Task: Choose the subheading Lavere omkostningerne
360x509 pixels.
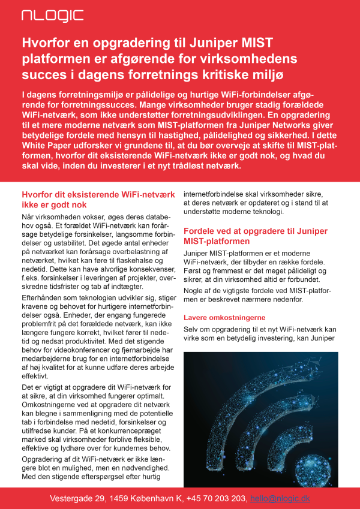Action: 224,317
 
